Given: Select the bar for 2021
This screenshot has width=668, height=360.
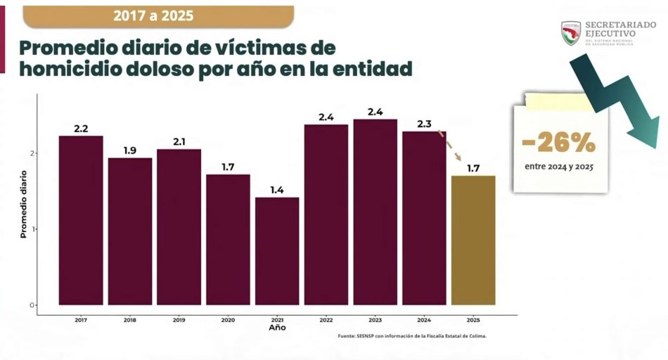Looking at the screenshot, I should (x=277, y=251).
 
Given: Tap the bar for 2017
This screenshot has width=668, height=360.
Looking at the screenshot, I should (x=81, y=220).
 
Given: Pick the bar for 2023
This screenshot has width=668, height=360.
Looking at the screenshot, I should (x=375, y=212).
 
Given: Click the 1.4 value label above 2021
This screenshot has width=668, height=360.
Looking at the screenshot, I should (x=277, y=190).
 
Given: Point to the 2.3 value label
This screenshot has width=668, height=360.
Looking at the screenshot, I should (x=424, y=124).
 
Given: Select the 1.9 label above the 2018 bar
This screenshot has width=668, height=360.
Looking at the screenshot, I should (x=130, y=150).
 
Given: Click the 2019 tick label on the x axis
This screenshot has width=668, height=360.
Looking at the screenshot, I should (x=179, y=320).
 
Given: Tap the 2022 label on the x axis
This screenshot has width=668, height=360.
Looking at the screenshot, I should (x=326, y=320).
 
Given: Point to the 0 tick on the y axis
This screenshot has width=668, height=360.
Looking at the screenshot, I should (x=32, y=305).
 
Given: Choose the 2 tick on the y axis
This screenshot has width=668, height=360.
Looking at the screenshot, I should (x=32, y=153).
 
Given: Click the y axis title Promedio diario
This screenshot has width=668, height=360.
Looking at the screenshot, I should (x=23, y=203).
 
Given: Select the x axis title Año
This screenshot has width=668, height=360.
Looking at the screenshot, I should (x=277, y=328).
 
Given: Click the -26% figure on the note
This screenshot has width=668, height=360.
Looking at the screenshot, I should (x=559, y=143).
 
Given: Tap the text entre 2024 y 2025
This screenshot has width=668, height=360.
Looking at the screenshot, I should (x=559, y=167).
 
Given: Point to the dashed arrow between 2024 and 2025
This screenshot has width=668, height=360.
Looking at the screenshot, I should (x=450, y=146).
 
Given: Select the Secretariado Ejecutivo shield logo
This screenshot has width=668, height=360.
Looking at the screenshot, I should (x=570, y=32).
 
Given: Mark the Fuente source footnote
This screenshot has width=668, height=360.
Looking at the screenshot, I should (x=412, y=336).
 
